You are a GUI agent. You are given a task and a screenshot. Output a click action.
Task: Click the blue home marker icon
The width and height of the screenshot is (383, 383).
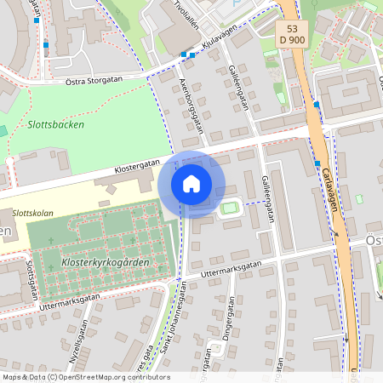(191, 184)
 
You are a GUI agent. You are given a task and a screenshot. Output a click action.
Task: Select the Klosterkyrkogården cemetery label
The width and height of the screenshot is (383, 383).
(106, 264)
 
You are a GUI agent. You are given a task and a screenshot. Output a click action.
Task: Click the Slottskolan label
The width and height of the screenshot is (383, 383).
(34, 213)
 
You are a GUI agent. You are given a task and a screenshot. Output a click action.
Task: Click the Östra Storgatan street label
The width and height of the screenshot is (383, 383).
(94, 81)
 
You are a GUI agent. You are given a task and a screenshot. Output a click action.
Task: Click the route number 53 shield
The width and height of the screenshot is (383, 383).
(292, 27)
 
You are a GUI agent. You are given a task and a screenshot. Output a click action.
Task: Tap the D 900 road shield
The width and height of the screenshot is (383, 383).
(292, 40)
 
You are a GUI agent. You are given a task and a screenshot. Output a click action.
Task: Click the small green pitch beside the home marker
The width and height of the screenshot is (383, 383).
(229, 207)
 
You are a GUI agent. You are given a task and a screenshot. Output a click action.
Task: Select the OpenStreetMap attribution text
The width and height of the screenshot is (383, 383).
(86, 377)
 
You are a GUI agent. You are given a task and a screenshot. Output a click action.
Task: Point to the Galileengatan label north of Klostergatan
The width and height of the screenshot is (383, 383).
(238, 89)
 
